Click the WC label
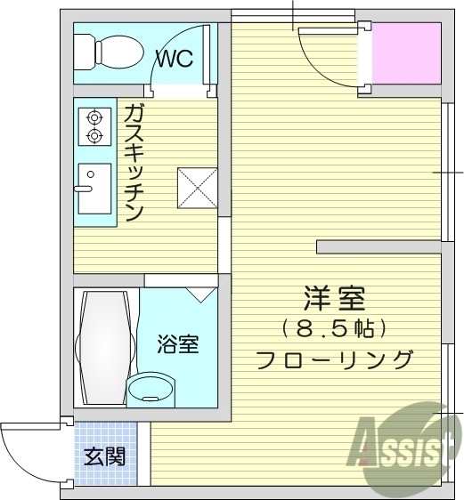coord(175,59)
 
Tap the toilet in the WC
coord(107,52)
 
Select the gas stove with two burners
coord(93,125)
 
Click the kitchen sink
coord(93,188)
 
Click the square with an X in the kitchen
coord(196,185)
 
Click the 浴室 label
coord(177,344)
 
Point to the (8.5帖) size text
coord(334,329)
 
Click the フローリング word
coord(334,359)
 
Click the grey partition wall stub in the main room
coord(379,246)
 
